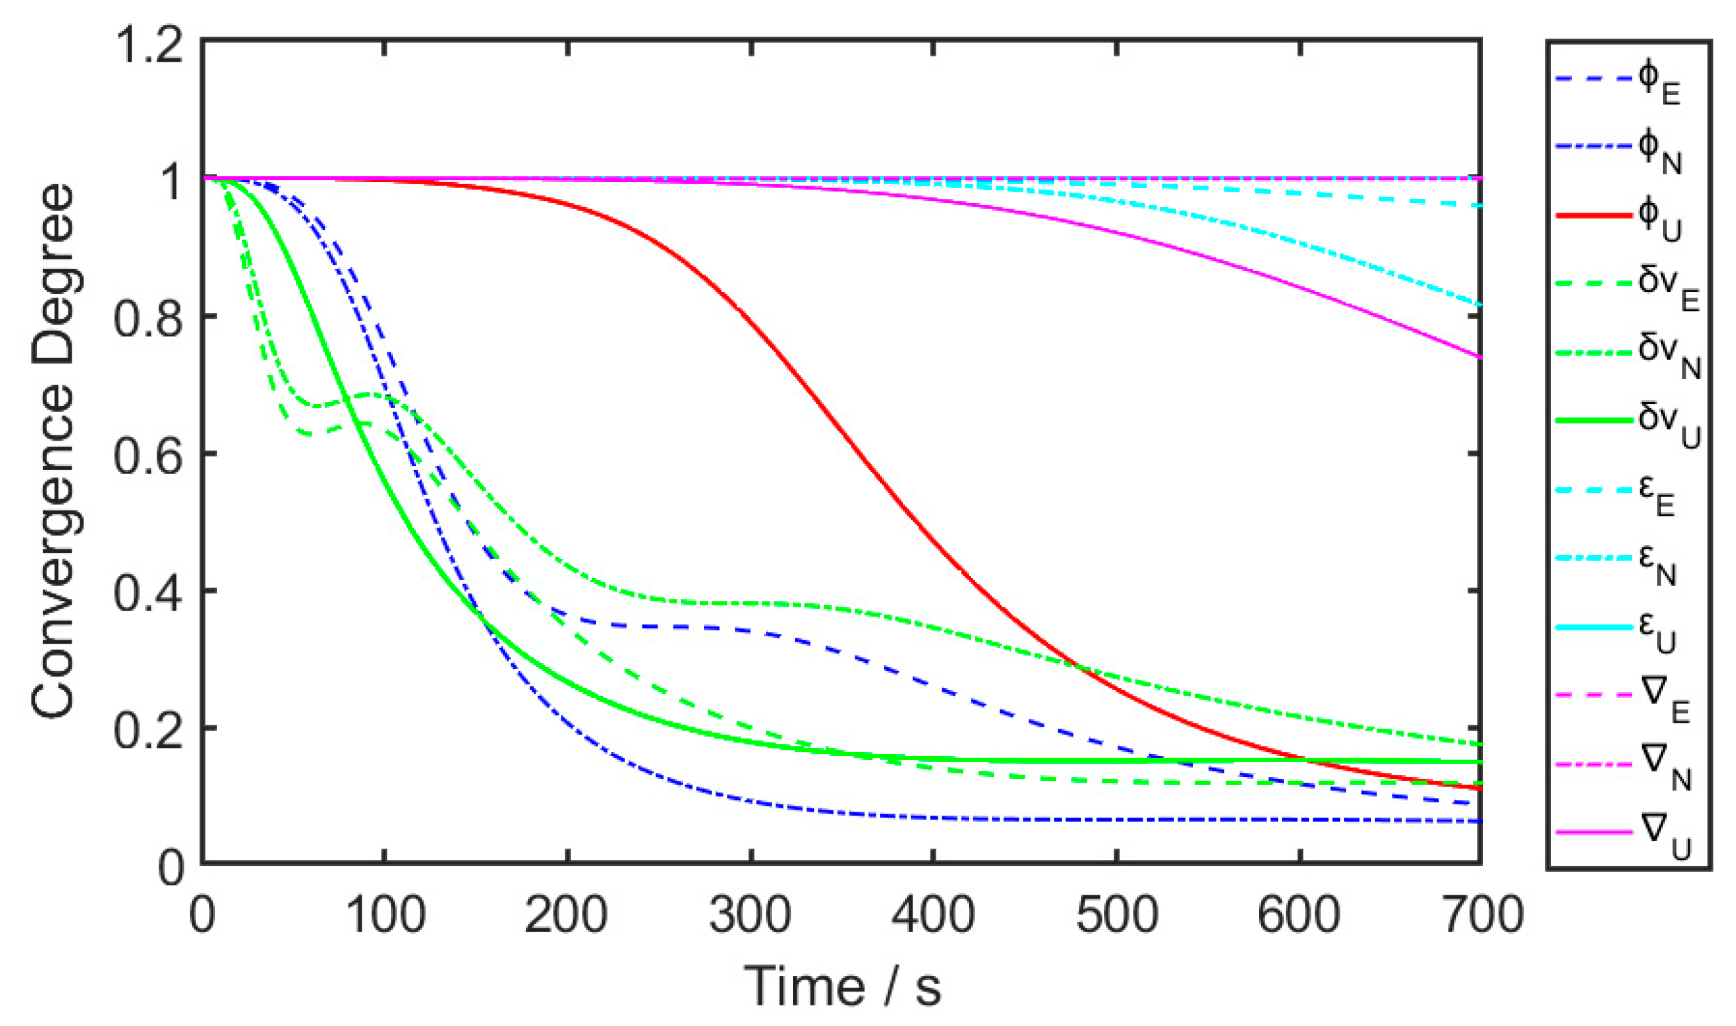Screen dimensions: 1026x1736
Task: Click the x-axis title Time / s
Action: pos(841,986)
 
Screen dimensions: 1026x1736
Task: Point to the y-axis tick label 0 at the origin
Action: pos(171,868)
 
